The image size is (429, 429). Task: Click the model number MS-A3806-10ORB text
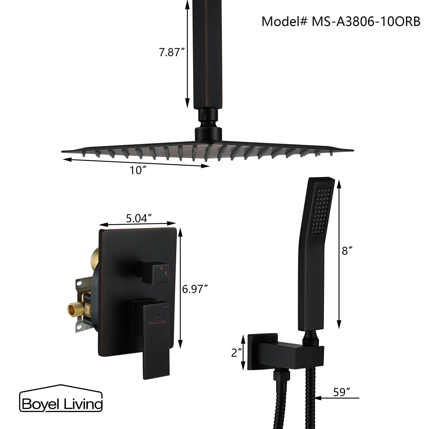(341, 21)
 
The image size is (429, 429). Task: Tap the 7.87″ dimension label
(171, 52)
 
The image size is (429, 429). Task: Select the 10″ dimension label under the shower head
(138, 170)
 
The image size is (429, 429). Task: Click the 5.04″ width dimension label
(139, 218)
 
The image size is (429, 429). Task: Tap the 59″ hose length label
(342, 392)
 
